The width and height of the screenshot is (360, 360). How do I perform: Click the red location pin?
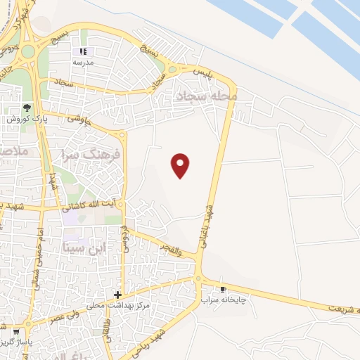[181, 165]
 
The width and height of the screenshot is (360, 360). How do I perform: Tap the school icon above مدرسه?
[83, 51]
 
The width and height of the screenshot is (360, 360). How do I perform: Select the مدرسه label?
[84, 63]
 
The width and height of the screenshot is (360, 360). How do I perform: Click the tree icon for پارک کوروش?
[27, 108]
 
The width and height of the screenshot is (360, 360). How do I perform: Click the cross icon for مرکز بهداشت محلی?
[117, 294]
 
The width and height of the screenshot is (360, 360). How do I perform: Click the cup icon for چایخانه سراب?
[224, 289]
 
